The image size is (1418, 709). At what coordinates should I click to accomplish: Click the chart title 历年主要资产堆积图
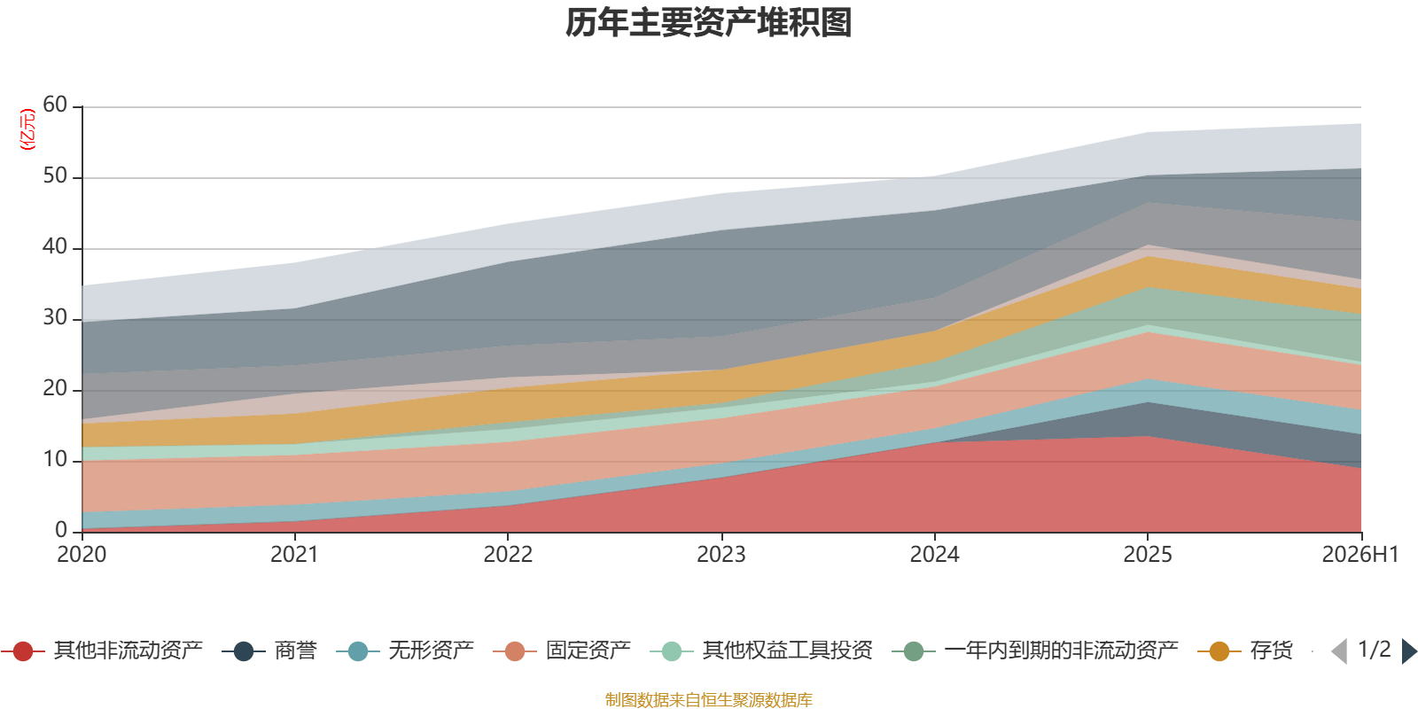point(708,23)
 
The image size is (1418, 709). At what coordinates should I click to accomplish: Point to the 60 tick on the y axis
point(55,105)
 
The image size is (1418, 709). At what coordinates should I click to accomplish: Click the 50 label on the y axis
point(55,175)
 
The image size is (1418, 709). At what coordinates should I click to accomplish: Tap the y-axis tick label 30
point(55,317)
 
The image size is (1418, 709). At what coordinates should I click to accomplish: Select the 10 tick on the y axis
point(55,459)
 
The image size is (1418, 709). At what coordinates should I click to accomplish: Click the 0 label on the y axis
point(61,530)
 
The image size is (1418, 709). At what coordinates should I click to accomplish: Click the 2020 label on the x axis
point(82,555)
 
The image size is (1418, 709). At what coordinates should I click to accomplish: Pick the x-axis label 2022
point(509,555)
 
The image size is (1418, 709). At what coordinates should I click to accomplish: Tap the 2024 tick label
point(934,555)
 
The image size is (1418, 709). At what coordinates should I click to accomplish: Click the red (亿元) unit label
point(27,129)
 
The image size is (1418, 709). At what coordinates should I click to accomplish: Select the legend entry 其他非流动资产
point(102,651)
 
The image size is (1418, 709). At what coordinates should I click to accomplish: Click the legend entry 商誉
point(269,651)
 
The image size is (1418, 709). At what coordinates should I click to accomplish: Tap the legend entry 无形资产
point(405,651)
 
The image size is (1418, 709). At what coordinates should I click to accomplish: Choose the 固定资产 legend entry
point(562,651)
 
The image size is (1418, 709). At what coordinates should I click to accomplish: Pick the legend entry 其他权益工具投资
point(761,651)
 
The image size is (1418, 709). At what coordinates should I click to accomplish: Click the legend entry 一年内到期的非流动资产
point(1035,651)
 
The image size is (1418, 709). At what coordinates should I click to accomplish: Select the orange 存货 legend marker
point(1219,651)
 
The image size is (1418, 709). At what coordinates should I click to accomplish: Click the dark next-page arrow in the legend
point(1409,651)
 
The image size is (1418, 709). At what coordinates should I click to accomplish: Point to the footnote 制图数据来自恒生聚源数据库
point(708,699)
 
